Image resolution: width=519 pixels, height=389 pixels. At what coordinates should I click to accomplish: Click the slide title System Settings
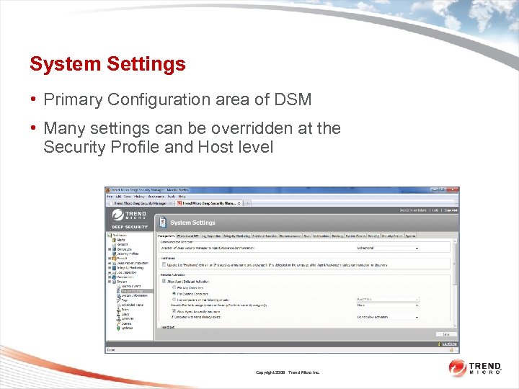tap(107, 64)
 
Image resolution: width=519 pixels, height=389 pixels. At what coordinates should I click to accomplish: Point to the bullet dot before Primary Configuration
tap(33, 99)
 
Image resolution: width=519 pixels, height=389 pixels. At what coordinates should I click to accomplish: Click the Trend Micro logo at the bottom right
tap(476, 368)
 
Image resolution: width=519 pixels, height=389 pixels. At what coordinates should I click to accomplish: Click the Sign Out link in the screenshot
tap(451, 210)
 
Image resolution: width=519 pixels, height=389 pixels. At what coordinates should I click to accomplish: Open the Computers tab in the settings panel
tap(166, 236)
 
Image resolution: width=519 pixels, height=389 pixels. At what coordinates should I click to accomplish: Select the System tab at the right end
tap(410, 236)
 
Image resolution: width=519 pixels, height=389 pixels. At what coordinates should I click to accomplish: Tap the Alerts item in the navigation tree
tap(121, 240)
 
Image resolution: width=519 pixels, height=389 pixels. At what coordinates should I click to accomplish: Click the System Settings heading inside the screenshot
tap(192, 223)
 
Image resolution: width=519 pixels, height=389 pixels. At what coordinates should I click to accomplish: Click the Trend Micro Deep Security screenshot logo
tap(129, 218)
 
